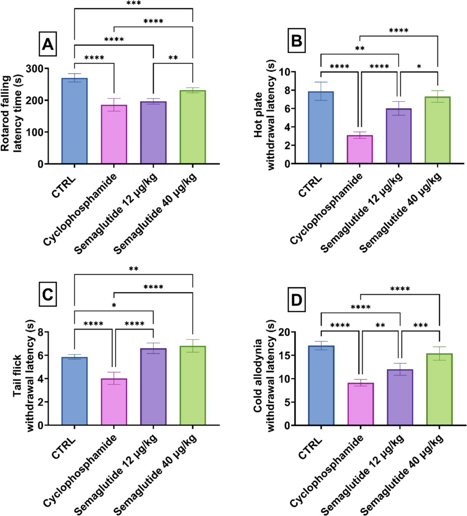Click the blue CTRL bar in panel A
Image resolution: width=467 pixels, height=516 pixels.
point(74,121)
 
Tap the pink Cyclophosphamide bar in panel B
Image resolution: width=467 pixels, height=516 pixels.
point(360,149)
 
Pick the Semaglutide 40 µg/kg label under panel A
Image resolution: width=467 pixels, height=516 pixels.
point(155,213)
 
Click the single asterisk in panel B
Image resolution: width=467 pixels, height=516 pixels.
point(419,67)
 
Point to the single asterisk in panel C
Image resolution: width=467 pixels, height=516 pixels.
point(114,305)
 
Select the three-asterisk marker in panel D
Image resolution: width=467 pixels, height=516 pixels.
point(420,326)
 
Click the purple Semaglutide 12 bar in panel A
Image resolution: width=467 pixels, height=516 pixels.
point(153,132)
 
